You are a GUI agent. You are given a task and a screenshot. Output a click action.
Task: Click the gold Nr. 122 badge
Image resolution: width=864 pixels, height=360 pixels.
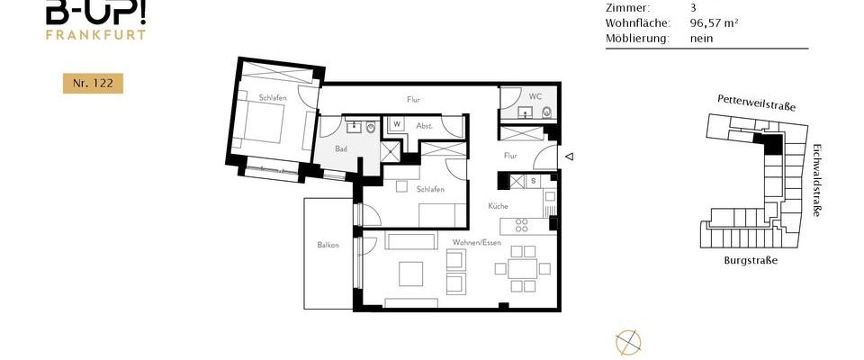click(92, 84)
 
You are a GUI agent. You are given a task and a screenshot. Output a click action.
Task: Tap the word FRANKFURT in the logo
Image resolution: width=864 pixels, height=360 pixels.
click(95, 35)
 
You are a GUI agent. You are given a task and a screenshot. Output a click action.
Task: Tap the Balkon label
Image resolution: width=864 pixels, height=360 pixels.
click(328, 245)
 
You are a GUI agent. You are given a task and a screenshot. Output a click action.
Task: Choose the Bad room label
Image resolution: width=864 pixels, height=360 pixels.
click(341, 148)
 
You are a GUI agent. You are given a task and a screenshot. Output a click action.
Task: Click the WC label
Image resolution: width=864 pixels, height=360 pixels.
click(535, 95)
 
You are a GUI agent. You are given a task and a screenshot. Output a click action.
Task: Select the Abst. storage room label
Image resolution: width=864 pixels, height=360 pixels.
click(425, 126)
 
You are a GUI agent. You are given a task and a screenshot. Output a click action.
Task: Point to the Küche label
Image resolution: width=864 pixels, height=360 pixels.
click(499, 206)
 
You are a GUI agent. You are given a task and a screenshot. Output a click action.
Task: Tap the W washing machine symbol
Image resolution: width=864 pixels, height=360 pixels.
click(397, 125)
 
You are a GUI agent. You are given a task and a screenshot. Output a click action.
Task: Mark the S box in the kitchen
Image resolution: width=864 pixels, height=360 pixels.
click(533, 181)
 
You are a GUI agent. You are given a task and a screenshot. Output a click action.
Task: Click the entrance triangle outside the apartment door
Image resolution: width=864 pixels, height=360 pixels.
click(569, 157)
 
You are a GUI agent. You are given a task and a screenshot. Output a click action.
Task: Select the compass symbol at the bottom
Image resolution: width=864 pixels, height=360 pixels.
click(627, 341)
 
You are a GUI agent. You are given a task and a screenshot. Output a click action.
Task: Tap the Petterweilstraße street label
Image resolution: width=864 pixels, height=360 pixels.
click(757, 101)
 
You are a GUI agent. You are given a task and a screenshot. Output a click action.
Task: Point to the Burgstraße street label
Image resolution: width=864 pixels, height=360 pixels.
click(750, 260)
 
